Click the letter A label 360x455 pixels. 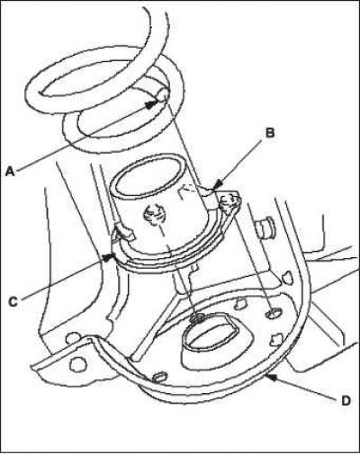11,172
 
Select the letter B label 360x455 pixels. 270,133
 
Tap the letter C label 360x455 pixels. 13,301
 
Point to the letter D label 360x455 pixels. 346,400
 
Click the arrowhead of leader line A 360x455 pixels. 152,104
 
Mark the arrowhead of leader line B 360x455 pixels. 218,184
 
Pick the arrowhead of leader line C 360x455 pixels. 109,257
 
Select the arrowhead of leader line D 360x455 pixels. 272,377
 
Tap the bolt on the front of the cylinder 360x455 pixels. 155,215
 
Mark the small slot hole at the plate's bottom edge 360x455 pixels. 160,377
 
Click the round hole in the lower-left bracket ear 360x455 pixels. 75,364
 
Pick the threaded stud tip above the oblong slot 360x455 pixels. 198,318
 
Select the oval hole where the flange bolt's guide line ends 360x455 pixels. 274,313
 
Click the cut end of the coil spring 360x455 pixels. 163,95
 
